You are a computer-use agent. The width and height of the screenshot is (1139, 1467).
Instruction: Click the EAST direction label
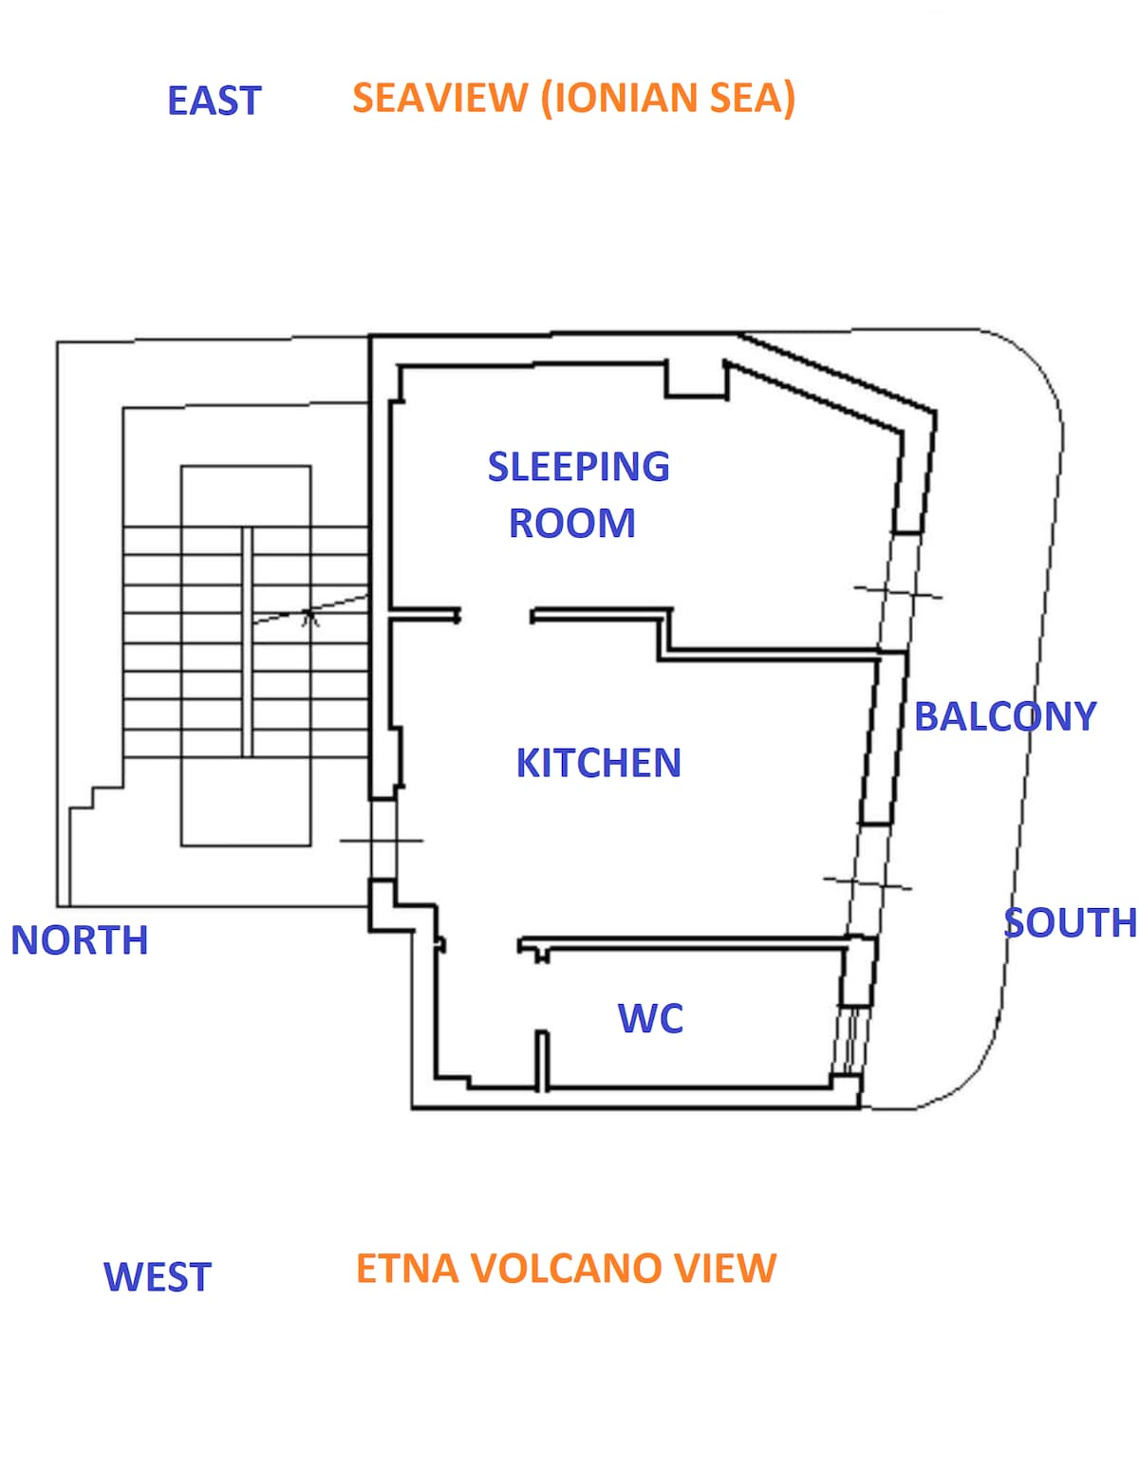point(214,101)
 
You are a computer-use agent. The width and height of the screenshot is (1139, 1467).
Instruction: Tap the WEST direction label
point(157,1276)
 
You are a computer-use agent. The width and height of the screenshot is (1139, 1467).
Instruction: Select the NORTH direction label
point(80,940)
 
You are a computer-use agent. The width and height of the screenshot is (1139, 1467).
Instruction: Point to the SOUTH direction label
point(1070,922)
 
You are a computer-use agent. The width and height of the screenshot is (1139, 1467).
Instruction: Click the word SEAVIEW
point(439,98)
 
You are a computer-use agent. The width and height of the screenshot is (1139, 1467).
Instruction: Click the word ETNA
point(406,1269)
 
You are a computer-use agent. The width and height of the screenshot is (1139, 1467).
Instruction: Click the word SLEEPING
point(578,467)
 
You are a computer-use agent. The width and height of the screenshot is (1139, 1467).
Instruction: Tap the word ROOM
point(571,524)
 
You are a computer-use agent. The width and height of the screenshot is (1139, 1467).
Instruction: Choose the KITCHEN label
point(598,763)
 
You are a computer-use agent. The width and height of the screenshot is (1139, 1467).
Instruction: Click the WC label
point(650,1018)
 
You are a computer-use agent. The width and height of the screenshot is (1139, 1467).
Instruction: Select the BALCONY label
point(1004,716)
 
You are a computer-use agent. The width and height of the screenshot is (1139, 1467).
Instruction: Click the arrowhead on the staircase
point(308,617)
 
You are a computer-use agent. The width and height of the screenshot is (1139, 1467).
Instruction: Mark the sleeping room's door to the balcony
point(898,592)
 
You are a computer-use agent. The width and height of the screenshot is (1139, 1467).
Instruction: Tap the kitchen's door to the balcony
point(868,882)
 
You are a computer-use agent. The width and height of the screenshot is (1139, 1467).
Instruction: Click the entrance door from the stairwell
point(382,840)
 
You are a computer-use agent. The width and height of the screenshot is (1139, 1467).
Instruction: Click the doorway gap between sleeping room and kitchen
point(495,617)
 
